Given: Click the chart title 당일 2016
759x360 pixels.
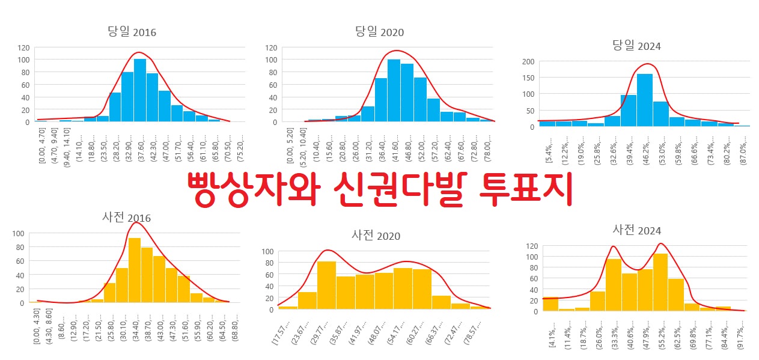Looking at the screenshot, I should [x=132, y=32].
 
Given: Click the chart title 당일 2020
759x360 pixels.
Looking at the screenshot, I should [x=379, y=31].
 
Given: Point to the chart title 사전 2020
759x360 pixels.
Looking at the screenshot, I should [x=376, y=235].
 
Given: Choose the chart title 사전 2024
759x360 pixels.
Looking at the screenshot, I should [x=636, y=230].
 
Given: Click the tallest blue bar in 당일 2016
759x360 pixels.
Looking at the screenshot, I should [x=139, y=90].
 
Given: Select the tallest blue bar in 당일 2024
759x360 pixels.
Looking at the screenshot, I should [x=644, y=100].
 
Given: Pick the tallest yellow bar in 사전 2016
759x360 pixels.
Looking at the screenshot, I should [x=135, y=270].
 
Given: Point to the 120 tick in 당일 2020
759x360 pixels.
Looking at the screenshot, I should [x=271, y=47].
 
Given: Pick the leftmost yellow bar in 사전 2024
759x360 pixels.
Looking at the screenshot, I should [x=550, y=304].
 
